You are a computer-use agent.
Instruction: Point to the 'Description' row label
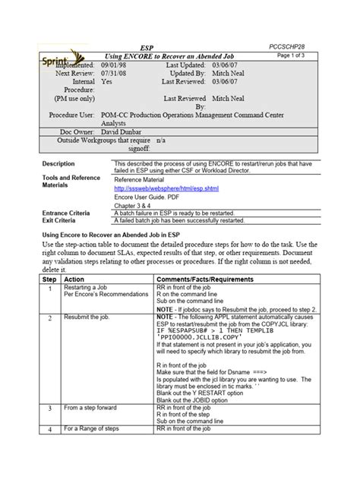click(x=58, y=164)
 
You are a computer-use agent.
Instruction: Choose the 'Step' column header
click(x=49, y=279)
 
